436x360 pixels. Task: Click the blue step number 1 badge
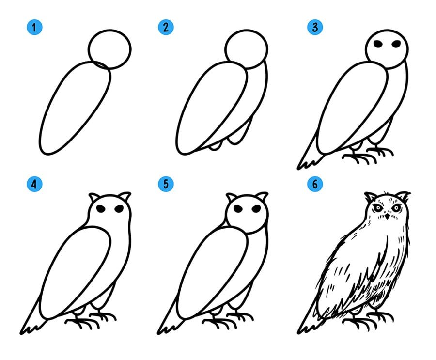tap(34, 27)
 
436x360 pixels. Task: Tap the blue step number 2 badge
tap(166, 27)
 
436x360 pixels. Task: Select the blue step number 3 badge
tap(315, 27)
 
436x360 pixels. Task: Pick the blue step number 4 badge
tap(34, 184)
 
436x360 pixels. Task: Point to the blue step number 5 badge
tap(166, 184)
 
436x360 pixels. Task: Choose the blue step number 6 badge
tap(315, 184)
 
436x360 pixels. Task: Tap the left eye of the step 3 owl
tap(378, 44)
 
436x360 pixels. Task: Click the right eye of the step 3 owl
tap(396, 44)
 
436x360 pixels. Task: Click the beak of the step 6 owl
tap(387, 216)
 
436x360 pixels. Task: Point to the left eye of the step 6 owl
tap(377, 208)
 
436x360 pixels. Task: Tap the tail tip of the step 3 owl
tap(299, 168)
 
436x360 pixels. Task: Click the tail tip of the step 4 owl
tap(22, 332)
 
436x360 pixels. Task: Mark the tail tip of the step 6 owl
tap(299, 332)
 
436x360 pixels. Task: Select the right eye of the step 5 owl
tap(256, 209)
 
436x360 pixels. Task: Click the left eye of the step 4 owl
tap(101, 209)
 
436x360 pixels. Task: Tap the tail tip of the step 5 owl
tap(159, 332)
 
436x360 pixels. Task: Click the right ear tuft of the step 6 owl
tap(403, 196)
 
